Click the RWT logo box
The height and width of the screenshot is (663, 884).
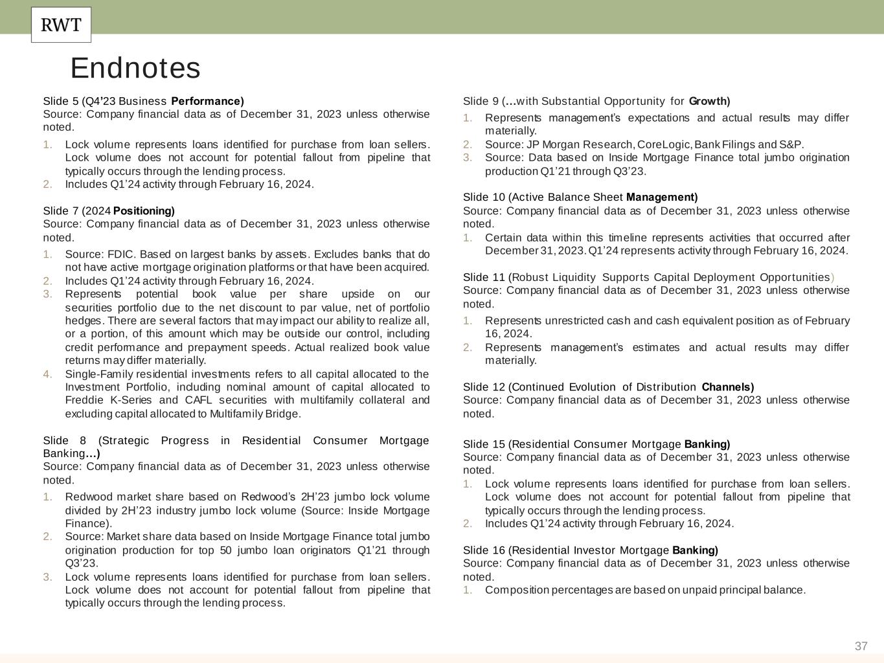(61, 25)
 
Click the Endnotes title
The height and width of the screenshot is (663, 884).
(135, 68)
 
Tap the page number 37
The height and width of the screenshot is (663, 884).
(861, 646)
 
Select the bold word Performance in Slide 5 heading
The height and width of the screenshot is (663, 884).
(207, 101)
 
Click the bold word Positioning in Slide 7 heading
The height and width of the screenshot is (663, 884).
(144, 211)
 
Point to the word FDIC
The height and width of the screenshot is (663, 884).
(121, 254)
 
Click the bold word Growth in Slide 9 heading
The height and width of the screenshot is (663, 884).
(709, 101)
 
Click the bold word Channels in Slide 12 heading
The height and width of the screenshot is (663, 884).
(727, 387)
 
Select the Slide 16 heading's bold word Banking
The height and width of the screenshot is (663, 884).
(695, 550)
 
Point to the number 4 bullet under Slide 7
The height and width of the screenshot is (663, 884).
(47, 374)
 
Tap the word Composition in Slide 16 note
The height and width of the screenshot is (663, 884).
(516, 590)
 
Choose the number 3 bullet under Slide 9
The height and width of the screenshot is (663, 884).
(467, 158)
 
